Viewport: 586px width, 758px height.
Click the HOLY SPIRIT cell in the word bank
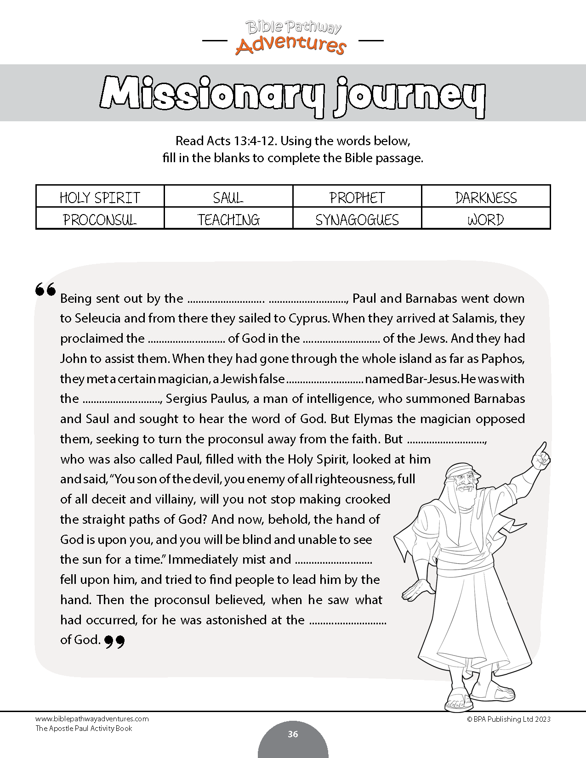(x=100, y=198)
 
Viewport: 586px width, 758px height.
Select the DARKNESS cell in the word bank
(x=486, y=198)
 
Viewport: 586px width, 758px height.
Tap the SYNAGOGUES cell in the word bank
(x=357, y=220)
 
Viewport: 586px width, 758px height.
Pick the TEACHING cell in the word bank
(x=228, y=220)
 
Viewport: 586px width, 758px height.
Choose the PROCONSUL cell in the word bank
(x=100, y=220)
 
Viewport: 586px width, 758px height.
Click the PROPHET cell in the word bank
(x=357, y=198)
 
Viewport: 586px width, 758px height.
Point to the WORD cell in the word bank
(x=486, y=220)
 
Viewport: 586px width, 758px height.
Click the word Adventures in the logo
(x=290, y=45)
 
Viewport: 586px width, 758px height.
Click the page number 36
(x=293, y=734)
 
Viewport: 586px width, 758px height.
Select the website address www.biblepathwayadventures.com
(x=92, y=719)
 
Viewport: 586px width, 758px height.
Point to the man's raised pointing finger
(x=543, y=448)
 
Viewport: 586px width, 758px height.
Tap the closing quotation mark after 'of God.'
(x=114, y=641)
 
